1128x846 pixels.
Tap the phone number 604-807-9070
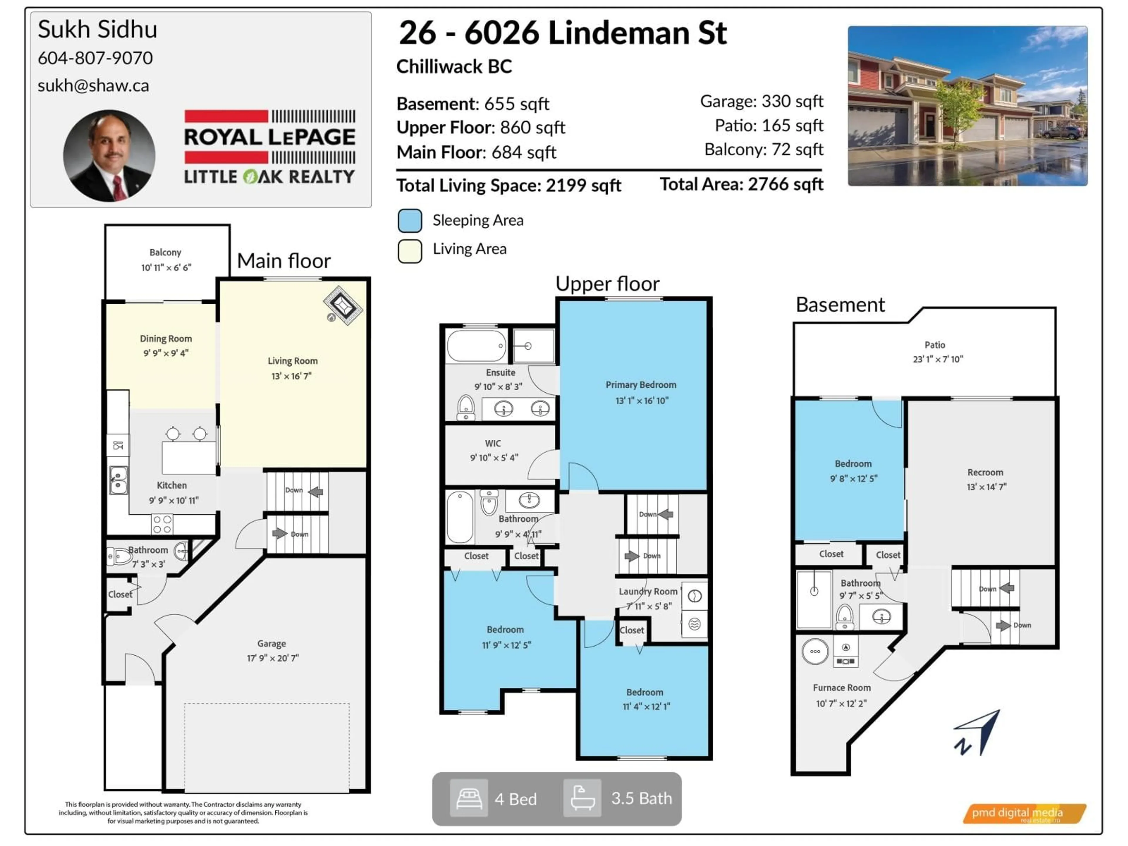pyautogui.click(x=95, y=58)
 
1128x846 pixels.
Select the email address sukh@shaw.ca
pyautogui.click(x=93, y=86)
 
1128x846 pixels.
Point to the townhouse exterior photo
pyautogui.click(x=967, y=106)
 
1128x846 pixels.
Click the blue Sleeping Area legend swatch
pyautogui.click(x=409, y=221)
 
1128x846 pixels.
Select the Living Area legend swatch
pyautogui.click(x=409, y=250)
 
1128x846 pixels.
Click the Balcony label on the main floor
pyautogui.click(x=165, y=252)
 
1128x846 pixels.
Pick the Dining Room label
pyautogui.click(x=166, y=339)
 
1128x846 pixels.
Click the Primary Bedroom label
pyautogui.click(x=641, y=385)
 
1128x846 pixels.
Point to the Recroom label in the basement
pyautogui.click(x=985, y=473)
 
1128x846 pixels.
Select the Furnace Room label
pyautogui.click(x=841, y=688)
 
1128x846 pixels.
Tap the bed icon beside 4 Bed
pyautogui.click(x=469, y=799)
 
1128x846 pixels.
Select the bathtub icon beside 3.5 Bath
pyautogui.click(x=582, y=799)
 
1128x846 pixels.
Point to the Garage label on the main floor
pyautogui.click(x=271, y=644)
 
